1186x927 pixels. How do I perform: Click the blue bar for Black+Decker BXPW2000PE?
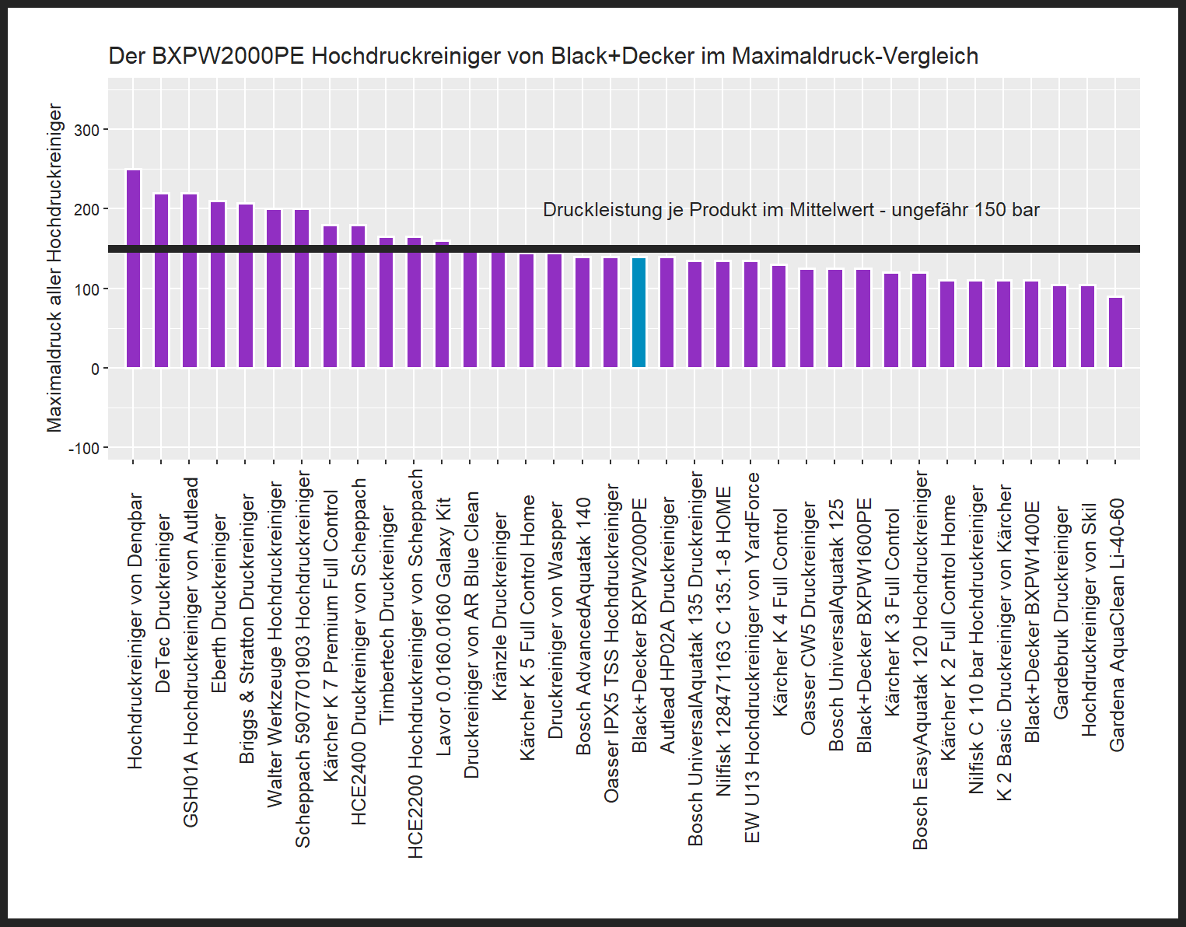(x=638, y=313)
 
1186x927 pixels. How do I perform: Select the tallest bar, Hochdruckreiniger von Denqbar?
(x=134, y=268)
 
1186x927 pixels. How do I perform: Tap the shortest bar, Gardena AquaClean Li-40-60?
(x=1115, y=332)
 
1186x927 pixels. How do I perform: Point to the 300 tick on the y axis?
(x=86, y=130)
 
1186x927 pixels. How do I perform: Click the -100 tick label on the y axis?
(x=84, y=449)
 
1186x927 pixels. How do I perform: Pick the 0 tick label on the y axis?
(x=95, y=369)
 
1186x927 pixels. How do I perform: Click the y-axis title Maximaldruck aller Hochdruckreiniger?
(x=54, y=268)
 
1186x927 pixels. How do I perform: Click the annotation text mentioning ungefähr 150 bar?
(x=790, y=210)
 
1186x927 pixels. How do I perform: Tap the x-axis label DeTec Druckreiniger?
(x=163, y=603)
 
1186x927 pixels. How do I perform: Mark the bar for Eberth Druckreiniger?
(x=218, y=285)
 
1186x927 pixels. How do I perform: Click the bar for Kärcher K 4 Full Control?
(x=778, y=317)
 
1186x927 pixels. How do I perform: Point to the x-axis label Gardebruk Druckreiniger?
(x=1060, y=612)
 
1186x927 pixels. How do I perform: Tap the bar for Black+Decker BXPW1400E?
(x=1031, y=324)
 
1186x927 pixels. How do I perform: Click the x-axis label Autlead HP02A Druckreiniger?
(x=667, y=625)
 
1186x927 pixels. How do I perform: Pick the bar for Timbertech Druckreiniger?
(x=386, y=303)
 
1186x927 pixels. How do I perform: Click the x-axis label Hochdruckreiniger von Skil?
(x=1088, y=619)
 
